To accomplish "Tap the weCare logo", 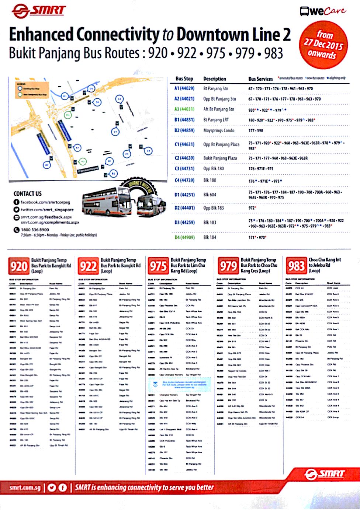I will point(323,11).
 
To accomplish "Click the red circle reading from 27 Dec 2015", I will point(323,45).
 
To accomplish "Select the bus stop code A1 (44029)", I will point(184,88).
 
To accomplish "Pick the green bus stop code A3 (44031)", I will point(184,109).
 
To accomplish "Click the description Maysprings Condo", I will point(219,130).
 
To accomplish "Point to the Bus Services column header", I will point(260,79).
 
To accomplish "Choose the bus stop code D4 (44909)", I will point(184,237).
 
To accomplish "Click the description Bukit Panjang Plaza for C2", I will point(220,158).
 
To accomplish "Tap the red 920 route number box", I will point(18,266).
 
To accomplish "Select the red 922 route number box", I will point(88,266).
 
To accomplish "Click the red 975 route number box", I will point(158,266).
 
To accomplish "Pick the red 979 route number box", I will point(228,266).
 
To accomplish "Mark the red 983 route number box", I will point(296,266).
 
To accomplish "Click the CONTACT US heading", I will point(28,194).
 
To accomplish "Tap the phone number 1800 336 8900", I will point(35,230).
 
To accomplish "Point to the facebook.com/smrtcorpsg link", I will point(45,202).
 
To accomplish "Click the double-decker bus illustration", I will point(107,200).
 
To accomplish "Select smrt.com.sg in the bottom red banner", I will point(25,488).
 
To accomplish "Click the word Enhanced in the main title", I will point(41,35).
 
